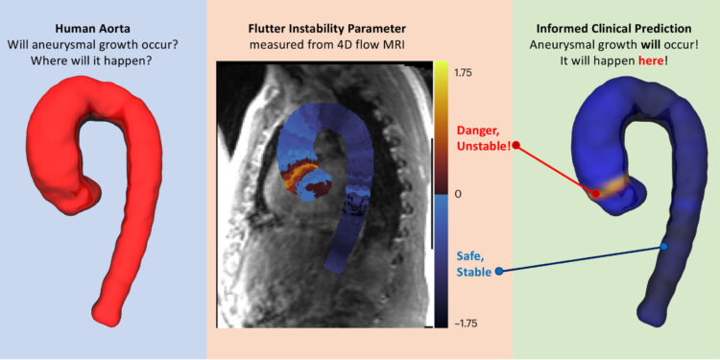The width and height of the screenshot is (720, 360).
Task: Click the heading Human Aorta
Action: pos(103,27)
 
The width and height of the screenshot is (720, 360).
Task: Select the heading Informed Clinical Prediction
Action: pos(617,27)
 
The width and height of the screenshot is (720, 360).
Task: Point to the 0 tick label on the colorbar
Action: pos(458,194)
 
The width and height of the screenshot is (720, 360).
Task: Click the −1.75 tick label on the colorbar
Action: pos(469,324)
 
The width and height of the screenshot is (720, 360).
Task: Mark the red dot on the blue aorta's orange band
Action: pos(596,193)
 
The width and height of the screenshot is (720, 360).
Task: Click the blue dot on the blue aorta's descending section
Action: pos(663,247)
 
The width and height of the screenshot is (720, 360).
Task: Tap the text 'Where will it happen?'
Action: pos(103,60)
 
